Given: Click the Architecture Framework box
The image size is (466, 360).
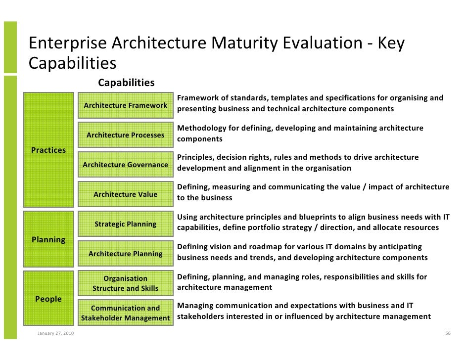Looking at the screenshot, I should (125, 105).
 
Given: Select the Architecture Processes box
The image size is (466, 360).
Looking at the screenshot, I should (125, 135).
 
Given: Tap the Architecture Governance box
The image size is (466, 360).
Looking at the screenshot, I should (125, 165).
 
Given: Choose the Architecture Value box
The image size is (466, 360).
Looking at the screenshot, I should (125, 194).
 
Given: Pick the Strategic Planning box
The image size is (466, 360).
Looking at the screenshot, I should (125, 224).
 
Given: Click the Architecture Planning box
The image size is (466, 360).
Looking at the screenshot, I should (125, 254).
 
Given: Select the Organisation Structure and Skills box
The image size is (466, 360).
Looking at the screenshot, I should (125, 283).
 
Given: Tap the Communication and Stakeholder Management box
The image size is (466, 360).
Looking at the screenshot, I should (125, 313).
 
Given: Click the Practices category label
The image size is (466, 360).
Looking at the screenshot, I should (48, 150).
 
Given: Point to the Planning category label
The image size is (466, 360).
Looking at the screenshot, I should (48, 240).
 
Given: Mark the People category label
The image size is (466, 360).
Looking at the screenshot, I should (48, 299).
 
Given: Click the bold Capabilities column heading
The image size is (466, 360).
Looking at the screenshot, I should (126, 83).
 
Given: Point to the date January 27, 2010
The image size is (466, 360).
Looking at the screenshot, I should (55, 333).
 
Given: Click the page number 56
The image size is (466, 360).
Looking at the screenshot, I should (447, 333).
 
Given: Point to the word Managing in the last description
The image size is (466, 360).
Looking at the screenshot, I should (194, 306).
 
